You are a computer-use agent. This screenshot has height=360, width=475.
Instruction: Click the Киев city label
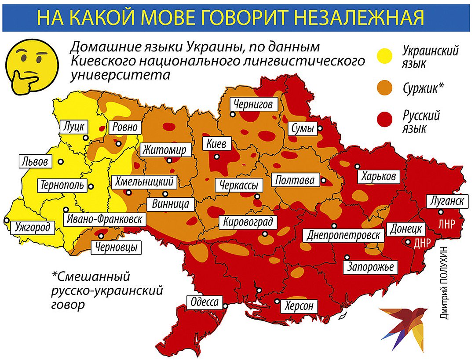(216, 144)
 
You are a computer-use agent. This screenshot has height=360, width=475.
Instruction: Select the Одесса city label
(204, 302)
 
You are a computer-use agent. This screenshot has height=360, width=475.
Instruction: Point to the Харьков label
(379, 177)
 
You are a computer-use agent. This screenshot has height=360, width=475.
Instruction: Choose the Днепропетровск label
(343, 234)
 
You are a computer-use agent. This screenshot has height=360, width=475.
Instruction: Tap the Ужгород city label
(32, 227)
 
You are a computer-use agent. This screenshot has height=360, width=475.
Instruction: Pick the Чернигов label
(253, 105)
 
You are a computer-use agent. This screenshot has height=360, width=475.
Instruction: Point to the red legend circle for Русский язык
(387, 120)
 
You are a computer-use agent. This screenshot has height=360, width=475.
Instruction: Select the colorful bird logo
(402, 327)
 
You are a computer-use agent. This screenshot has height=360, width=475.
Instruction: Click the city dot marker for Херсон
(277, 301)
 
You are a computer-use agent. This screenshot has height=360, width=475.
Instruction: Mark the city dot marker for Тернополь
(91, 186)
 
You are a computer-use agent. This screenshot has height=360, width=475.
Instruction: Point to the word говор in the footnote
(68, 305)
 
